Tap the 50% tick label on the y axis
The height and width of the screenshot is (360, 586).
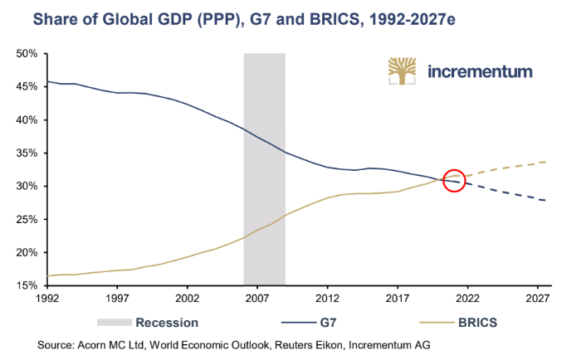coord(27,54)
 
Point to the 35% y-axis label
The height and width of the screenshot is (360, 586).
coord(27,153)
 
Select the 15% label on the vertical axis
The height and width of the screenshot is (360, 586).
coord(27,285)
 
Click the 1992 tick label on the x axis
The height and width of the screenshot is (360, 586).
coord(47,299)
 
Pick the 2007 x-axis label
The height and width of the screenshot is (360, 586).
coord(257,299)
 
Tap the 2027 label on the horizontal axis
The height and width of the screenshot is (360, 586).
coord(537,299)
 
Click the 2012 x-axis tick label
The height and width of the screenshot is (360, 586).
coord(327,299)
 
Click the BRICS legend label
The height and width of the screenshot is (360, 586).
coord(477,323)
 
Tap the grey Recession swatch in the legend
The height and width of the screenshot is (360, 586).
coord(115,323)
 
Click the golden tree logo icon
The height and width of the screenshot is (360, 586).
coord(402,71)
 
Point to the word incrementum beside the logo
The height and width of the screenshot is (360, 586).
coord(480,71)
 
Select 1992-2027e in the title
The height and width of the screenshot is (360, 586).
coord(412,19)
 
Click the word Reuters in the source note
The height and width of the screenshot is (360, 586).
coord(291,345)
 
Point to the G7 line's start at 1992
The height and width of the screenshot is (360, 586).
coord(48,81)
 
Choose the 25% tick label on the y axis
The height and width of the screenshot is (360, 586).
coord(27,220)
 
